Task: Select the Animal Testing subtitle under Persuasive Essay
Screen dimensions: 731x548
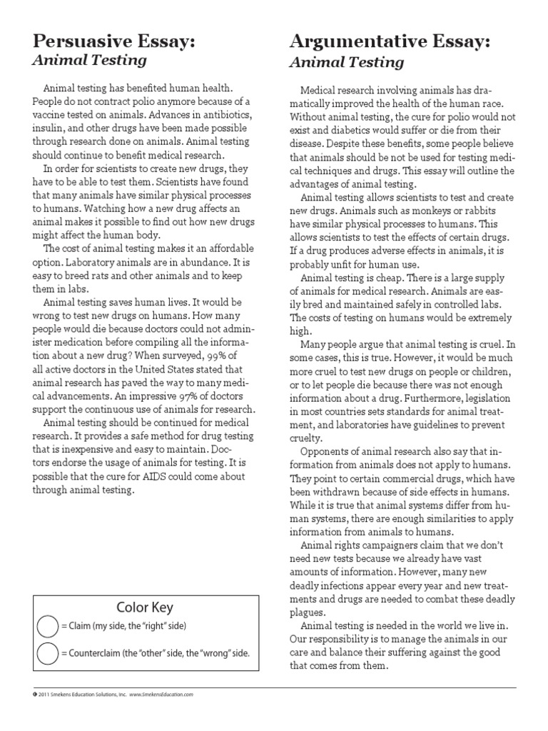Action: tap(76, 62)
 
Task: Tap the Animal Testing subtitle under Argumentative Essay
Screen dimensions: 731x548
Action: tap(346, 63)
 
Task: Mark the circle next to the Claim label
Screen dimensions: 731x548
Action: tap(47, 626)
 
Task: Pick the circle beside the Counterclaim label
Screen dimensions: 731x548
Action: tap(47, 654)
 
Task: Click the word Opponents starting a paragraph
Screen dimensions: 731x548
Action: tap(325, 451)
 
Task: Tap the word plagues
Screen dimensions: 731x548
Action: tap(309, 612)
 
